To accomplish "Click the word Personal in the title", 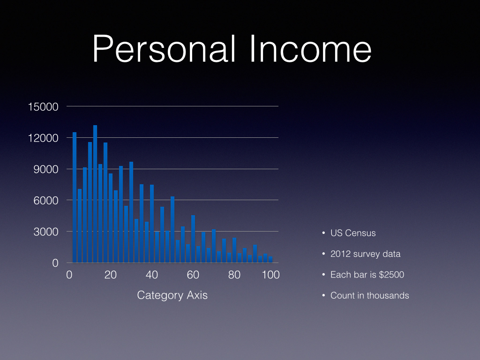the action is [x=165, y=49].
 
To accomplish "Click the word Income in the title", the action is [x=310, y=49].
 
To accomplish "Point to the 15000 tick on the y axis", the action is [x=43, y=107].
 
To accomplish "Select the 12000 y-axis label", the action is [x=43, y=138].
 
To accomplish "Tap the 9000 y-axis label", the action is [x=46, y=169].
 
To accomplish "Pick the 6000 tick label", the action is [x=46, y=201].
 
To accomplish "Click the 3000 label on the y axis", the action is [x=46, y=232].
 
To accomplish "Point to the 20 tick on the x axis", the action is [x=111, y=275].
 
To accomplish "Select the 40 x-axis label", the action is [x=152, y=275].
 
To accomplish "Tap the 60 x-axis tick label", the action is [x=193, y=275].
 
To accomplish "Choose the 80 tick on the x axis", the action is [x=234, y=275].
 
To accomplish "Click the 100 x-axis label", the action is [x=270, y=275].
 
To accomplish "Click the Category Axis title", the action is [x=172, y=295].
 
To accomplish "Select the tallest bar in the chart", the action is [x=95, y=194].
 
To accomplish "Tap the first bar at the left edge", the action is [x=75, y=197].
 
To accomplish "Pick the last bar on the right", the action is [x=270, y=260].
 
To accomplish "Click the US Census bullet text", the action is [x=353, y=233].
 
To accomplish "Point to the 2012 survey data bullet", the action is [x=366, y=254].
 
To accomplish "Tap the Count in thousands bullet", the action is [x=370, y=295].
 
